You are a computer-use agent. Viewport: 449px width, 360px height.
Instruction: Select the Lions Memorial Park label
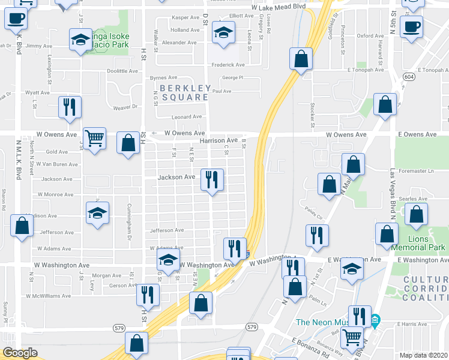point(418,243)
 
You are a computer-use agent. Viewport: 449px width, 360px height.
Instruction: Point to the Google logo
point(20,353)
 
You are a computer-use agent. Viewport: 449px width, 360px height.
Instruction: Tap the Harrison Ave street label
point(218,140)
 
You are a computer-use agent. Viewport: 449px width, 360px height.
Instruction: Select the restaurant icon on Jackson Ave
point(211,179)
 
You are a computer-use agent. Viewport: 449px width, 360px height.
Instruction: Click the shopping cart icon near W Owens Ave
point(94,139)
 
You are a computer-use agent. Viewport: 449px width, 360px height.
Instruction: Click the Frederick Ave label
point(228,65)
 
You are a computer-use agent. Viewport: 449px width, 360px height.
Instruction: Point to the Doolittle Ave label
point(122,71)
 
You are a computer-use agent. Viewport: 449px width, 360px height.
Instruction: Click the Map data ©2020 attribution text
point(424,355)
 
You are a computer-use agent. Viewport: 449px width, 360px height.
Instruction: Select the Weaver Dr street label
point(125,107)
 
